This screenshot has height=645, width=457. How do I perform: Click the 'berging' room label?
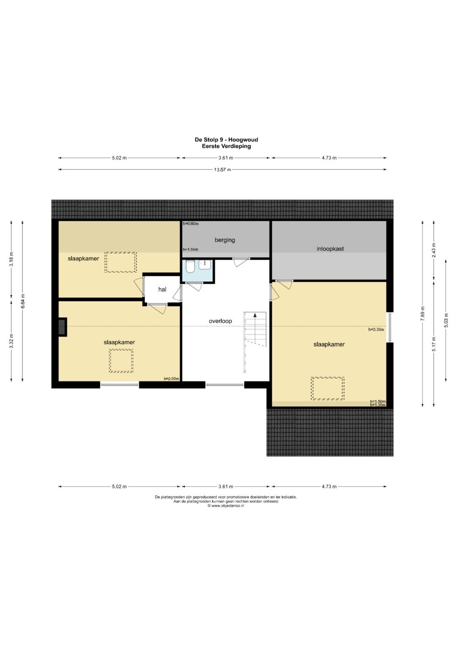point(225,240)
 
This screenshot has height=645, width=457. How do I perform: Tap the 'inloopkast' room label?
point(330,249)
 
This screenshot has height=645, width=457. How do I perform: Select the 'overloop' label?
point(220,321)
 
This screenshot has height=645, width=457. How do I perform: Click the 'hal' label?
point(162,289)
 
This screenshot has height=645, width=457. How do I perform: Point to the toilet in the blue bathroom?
point(190,267)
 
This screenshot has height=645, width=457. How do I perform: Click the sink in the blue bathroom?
point(205,264)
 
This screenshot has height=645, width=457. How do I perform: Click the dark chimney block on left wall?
point(63,327)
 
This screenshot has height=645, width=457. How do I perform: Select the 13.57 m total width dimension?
point(222,170)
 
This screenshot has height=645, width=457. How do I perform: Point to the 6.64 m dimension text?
point(22,301)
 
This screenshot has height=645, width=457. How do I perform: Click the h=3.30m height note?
point(376,330)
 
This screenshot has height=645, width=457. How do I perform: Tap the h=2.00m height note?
point(171,379)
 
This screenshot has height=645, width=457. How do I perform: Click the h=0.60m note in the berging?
point(191,224)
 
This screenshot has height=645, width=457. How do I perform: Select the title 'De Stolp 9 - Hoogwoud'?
point(226,140)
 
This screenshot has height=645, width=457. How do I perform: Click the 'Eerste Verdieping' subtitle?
point(226,146)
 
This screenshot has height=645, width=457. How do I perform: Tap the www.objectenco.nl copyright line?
point(226,506)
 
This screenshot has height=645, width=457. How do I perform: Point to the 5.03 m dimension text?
point(446,320)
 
